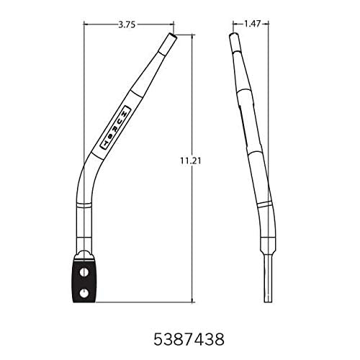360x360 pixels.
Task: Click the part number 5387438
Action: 180,336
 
